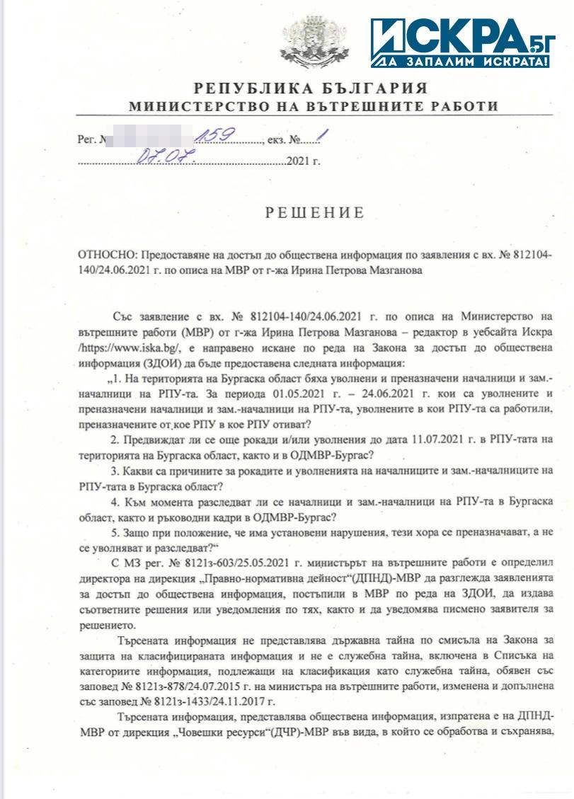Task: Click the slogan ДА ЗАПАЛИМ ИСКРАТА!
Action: (463, 62)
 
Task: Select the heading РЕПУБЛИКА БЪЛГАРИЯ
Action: (312, 88)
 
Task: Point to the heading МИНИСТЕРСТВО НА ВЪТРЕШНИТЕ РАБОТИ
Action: (312, 107)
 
